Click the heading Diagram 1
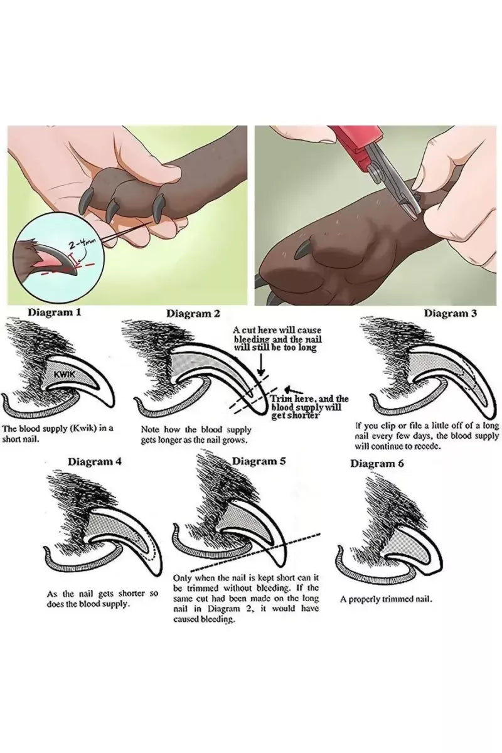click(54, 312)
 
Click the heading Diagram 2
click(193, 314)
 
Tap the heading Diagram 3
click(450, 314)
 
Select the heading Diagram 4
click(95, 462)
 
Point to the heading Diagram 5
click(259, 461)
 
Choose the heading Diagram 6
click(377, 464)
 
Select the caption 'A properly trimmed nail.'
click(386, 599)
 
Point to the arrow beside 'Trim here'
click(293, 390)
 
